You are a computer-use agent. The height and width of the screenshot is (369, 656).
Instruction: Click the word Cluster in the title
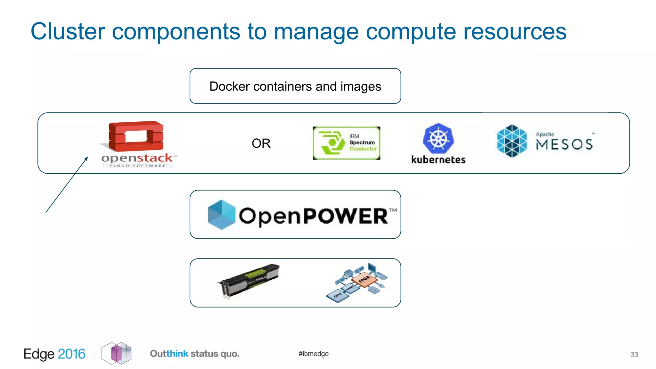pyautogui.click(x=68, y=31)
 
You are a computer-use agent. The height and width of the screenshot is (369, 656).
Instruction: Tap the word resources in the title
pyautogui.click(x=515, y=31)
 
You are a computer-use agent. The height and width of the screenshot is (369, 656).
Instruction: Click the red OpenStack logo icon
pyautogui.click(x=136, y=136)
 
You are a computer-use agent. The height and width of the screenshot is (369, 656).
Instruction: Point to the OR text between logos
pyautogui.click(x=261, y=143)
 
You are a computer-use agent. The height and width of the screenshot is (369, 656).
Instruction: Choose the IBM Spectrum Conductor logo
pyautogui.click(x=346, y=143)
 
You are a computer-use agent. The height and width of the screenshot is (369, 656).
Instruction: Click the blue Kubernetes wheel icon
pyautogui.click(x=438, y=138)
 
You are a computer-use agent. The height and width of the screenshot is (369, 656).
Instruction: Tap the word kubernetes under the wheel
pyautogui.click(x=438, y=160)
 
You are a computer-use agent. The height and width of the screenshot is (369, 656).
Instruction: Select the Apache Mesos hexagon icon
pyautogui.click(x=512, y=141)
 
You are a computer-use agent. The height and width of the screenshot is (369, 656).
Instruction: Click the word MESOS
pyautogui.click(x=564, y=144)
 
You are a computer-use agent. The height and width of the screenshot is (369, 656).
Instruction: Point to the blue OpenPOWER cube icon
pyautogui.click(x=221, y=215)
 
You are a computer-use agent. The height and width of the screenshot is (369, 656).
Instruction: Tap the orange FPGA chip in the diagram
pyautogui.click(x=364, y=280)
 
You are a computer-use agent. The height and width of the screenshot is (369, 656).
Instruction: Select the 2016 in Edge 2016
pyautogui.click(x=71, y=354)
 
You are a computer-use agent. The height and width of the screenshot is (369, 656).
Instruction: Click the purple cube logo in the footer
pyautogui.click(x=117, y=353)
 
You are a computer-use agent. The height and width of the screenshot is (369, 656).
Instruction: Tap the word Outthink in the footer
pyautogui.click(x=169, y=354)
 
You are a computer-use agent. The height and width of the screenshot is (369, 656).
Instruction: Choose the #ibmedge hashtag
pyautogui.click(x=314, y=354)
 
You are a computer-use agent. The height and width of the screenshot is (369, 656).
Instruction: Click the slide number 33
pyautogui.click(x=634, y=355)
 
